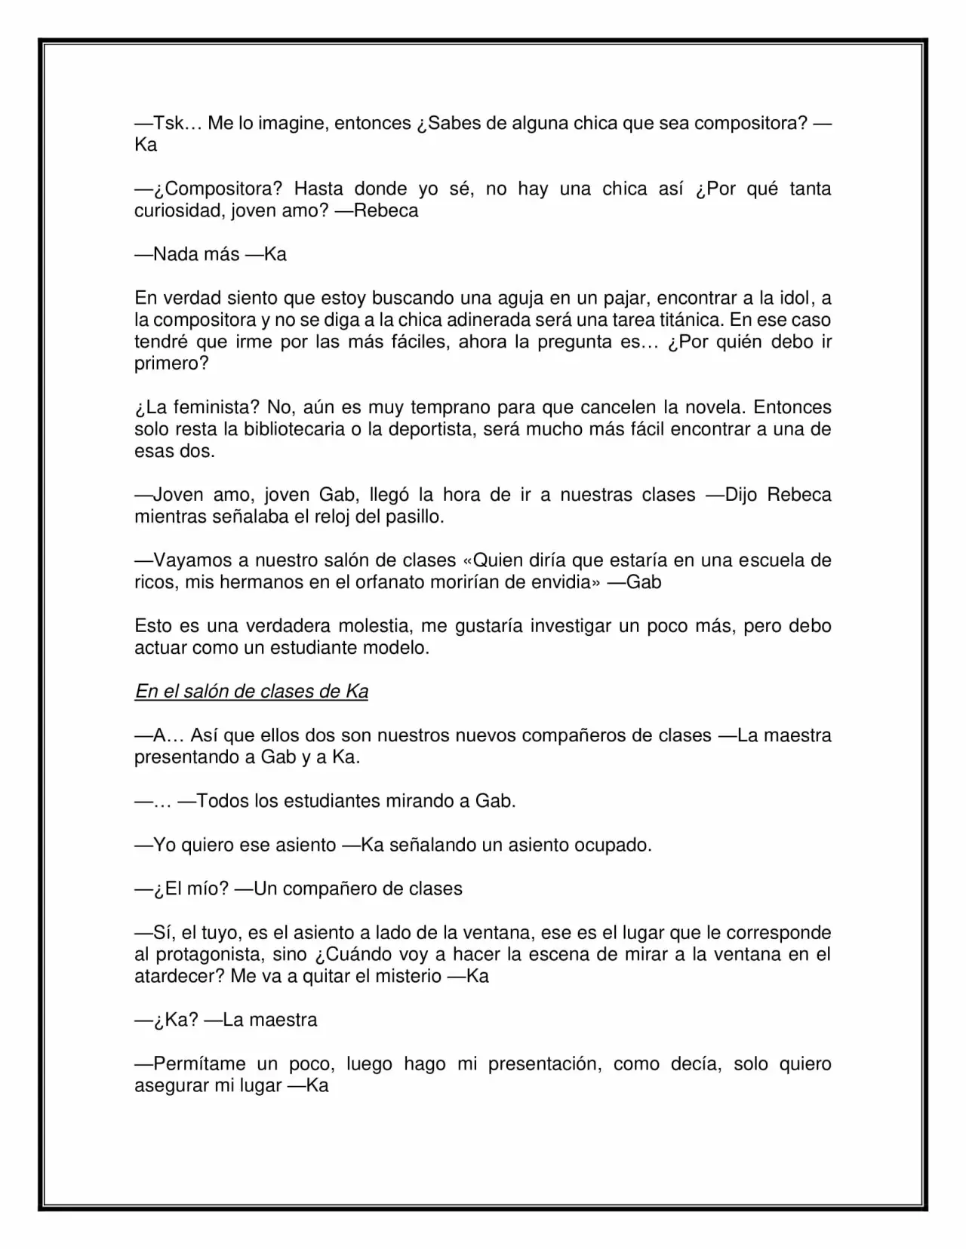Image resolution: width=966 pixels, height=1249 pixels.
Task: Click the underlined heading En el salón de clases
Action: (251, 692)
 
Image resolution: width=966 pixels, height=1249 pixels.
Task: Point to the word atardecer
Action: (174, 976)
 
